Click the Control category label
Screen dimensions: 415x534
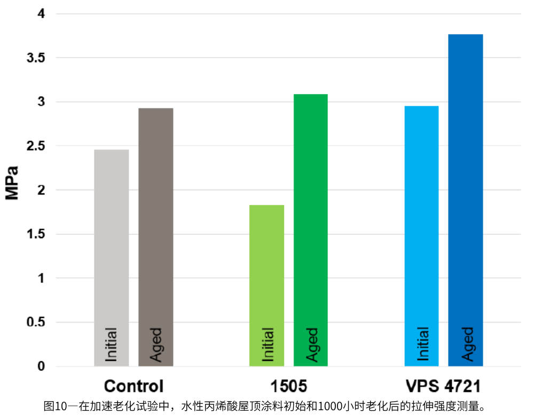tap(133, 386)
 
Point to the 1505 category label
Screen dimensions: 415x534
tap(289, 386)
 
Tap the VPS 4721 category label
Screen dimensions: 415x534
tap(444, 386)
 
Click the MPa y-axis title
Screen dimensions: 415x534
tap(12, 183)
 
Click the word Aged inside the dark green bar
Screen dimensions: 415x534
tap(311, 344)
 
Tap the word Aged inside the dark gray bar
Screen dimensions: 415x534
tap(155, 344)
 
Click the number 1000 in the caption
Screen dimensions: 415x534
tap(329, 406)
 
